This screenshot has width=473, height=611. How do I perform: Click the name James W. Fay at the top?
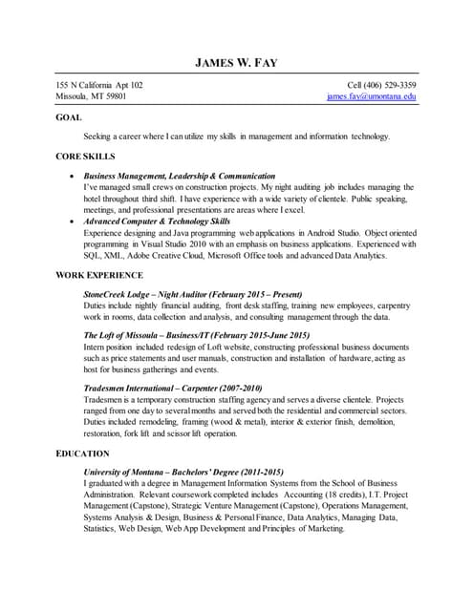tap(236, 64)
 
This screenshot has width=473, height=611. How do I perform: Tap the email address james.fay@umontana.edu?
tap(371, 96)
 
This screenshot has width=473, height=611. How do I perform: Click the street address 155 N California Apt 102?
tap(99, 85)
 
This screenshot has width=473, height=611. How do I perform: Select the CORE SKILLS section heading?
tap(85, 156)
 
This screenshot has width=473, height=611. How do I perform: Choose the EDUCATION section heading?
tap(82, 453)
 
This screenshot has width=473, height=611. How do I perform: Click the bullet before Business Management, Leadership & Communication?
tap(75, 177)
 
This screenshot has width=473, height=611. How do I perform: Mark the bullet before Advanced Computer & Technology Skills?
tap(75, 221)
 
